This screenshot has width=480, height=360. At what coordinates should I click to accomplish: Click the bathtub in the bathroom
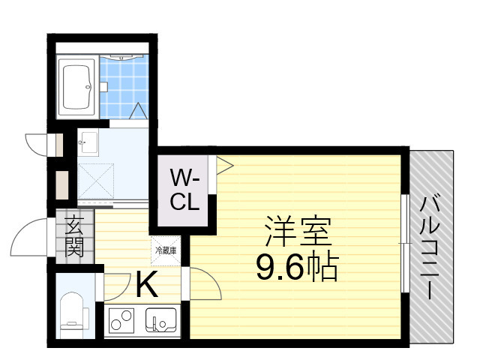[x=77, y=86]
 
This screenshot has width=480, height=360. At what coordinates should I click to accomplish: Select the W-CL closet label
[x=184, y=190]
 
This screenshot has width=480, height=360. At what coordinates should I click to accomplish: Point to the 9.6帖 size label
[x=296, y=266]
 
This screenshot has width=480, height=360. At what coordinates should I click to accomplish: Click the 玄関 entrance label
[x=73, y=235]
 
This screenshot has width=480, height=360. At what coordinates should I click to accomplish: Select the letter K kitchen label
[x=146, y=284]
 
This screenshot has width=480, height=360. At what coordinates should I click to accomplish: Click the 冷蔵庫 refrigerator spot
[x=166, y=250]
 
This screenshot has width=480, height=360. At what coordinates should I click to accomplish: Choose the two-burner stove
[x=121, y=322]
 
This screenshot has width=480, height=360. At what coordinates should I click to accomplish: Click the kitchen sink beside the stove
[x=161, y=322]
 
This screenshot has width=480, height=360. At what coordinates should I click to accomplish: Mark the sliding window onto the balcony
[x=405, y=243]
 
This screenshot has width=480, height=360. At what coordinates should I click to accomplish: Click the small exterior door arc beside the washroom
[x=37, y=142]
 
